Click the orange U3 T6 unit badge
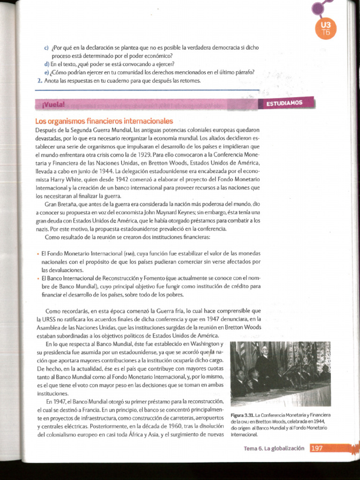click(x=326, y=28)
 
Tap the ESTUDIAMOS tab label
click(x=285, y=103)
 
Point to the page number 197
click(x=317, y=448)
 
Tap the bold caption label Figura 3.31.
click(x=242, y=415)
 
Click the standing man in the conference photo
click(x=265, y=361)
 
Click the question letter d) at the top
click(x=47, y=64)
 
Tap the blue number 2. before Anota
click(x=39, y=81)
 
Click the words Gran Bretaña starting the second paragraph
click(x=61, y=204)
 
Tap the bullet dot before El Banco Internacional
click(x=37, y=278)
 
